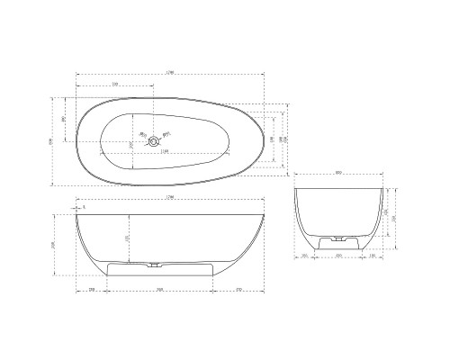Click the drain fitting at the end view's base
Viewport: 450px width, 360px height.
click(x=339, y=240)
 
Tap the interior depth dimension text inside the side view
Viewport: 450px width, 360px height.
click(x=127, y=238)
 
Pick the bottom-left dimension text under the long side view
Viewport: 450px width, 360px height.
click(x=93, y=289)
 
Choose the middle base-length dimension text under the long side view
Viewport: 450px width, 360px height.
click(x=159, y=289)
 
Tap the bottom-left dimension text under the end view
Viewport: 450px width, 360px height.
click(x=306, y=256)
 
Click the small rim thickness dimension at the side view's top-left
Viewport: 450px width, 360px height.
click(x=84, y=207)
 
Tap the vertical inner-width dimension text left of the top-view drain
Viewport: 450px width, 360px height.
click(x=131, y=144)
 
